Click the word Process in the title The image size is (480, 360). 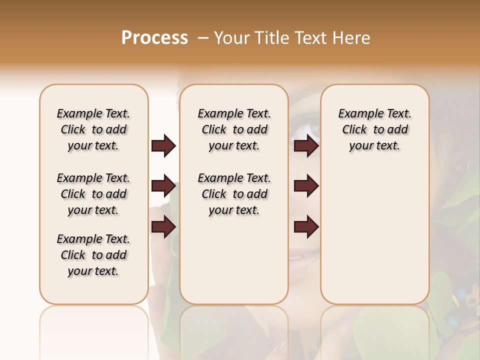point(154,38)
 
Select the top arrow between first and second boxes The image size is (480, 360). point(163,146)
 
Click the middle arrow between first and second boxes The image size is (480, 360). point(163,186)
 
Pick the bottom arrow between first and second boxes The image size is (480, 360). point(163,227)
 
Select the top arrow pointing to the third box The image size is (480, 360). point(306,146)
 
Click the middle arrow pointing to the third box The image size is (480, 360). point(306,186)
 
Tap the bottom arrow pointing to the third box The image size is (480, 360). point(306,227)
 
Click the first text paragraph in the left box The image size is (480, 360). point(93,129)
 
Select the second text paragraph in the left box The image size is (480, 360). point(93,194)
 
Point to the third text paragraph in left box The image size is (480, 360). point(93,255)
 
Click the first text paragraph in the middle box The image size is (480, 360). point(234,129)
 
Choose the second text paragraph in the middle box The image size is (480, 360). point(234,194)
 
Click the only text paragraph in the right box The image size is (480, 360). point(375,129)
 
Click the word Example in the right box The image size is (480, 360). point(358,114)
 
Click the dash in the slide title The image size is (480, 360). point(202,38)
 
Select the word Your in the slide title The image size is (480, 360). point(231,38)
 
